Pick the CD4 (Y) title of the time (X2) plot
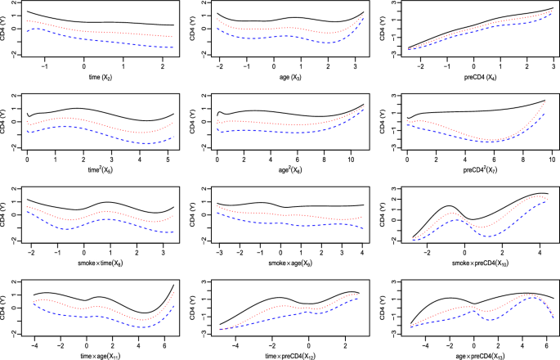point(7,33)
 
